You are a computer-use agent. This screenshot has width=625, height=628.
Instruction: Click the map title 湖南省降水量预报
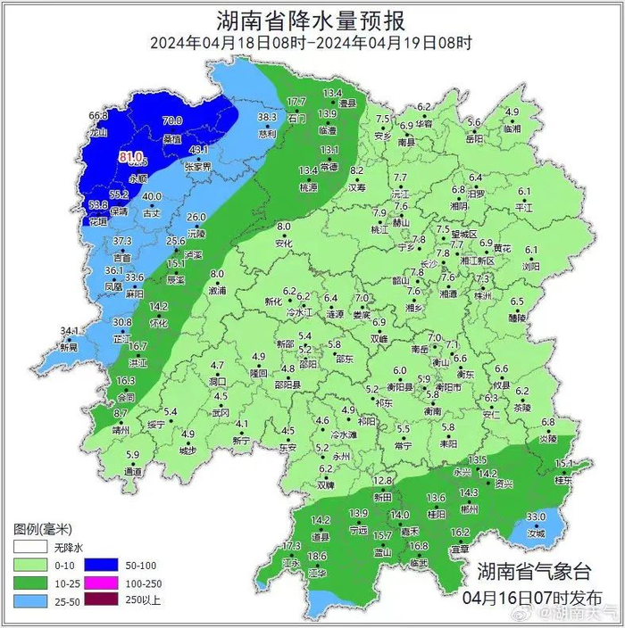(311, 20)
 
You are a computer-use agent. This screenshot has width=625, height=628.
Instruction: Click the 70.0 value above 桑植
(171, 121)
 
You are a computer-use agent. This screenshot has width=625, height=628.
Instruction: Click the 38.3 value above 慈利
(267, 117)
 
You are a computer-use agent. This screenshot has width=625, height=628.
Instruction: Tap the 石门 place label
(297, 118)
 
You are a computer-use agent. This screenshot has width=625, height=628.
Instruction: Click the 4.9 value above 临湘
(512, 112)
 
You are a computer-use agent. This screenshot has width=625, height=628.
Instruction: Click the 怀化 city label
(158, 323)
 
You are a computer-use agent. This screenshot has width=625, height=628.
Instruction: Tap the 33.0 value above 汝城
(536, 517)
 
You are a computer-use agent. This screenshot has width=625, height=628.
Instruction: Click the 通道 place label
(133, 471)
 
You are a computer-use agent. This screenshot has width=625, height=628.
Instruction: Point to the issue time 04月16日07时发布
(533, 596)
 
